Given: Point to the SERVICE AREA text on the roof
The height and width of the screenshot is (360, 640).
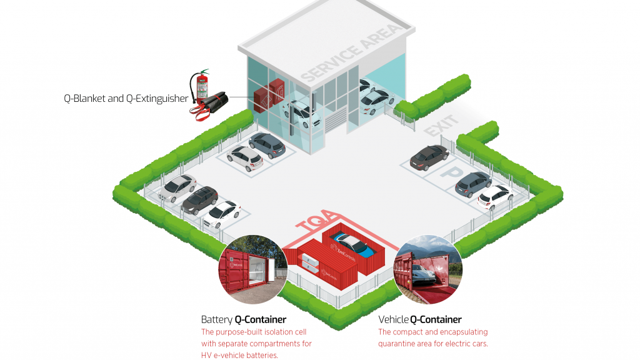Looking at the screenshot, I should point(349,52).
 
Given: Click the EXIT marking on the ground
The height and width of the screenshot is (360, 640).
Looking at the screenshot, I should point(442,126).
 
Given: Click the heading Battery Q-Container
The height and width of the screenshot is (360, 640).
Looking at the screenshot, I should point(244,319).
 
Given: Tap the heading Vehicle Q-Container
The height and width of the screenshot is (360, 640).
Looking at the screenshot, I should point(420,319).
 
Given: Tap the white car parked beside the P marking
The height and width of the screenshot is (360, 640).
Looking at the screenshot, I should point(494,196).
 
